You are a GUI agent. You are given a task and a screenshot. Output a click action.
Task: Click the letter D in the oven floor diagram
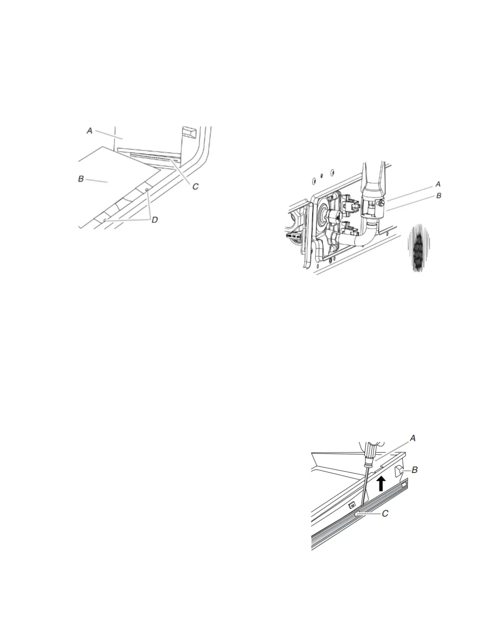coord(155,220)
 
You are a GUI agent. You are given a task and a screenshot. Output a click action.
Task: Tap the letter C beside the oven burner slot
coord(195,187)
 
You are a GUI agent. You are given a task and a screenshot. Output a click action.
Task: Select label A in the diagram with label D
coord(90,130)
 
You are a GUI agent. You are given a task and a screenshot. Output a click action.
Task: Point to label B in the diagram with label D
coord(81,179)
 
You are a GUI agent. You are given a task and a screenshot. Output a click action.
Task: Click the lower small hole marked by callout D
coord(105,220)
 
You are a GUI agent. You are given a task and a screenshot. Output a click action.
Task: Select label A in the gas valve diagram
coord(438,184)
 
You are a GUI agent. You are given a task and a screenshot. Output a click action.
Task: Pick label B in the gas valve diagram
coord(439,195)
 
